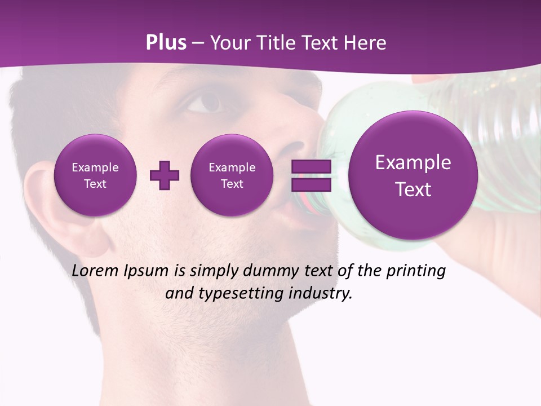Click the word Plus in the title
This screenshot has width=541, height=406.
click(166, 43)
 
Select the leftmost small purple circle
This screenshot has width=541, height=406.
click(95, 175)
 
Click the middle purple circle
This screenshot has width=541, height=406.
click(232, 175)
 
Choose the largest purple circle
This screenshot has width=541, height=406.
click(413, 175)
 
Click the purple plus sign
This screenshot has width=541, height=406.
click(165, 175)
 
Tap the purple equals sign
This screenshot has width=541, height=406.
click(311, 175)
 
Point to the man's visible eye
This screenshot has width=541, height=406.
click(206, 102)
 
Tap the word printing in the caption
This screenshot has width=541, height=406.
click(415, 271)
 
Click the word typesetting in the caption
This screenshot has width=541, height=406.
click(239, 294)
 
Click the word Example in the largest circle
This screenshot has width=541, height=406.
click(413, 162)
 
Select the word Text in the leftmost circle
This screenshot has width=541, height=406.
click(95, 184)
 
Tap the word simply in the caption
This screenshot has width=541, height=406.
click(214, 271)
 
